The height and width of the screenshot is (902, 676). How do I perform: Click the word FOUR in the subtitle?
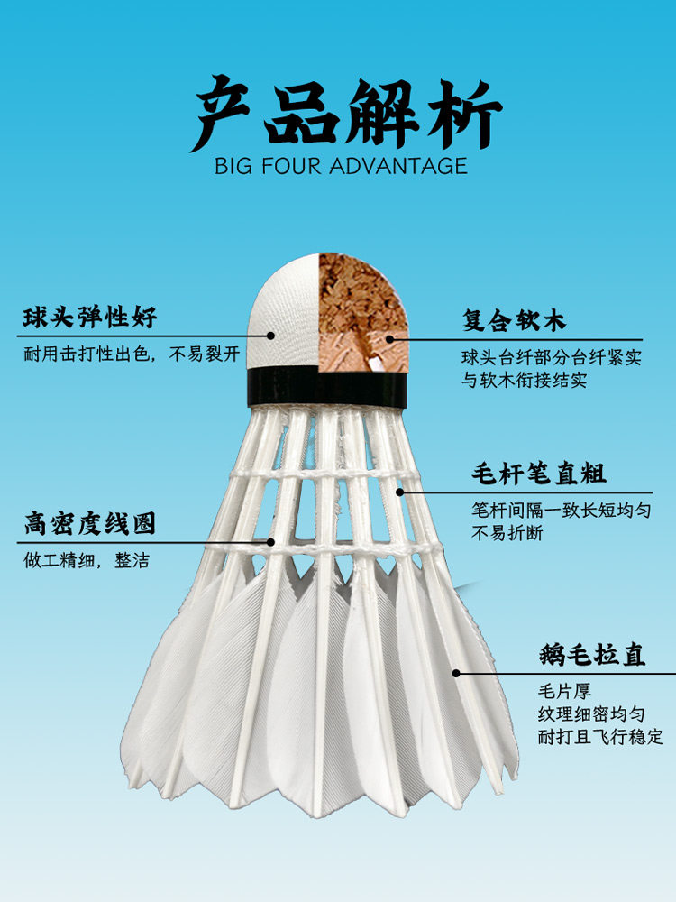tap(288, 166)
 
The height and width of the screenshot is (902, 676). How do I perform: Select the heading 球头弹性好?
tap(90, 318)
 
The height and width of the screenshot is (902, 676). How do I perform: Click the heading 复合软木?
tap(515, 321)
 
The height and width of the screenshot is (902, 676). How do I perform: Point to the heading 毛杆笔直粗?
tap(539, 473)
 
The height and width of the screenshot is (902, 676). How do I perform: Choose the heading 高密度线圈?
tap(89, 523)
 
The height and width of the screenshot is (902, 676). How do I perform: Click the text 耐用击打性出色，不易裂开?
tap(132, 354)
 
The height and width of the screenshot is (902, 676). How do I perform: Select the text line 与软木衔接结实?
tap(525, 381)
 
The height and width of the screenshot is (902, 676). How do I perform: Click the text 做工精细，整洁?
tap(87, 560)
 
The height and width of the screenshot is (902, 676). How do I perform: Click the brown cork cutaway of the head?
tap(361, 311)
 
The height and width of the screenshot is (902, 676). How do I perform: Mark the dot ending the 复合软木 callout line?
tap(390, 340)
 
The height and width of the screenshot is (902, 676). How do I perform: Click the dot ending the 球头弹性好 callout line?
tap(269, 335)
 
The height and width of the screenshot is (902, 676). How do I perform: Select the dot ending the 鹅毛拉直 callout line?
tap(456, 673)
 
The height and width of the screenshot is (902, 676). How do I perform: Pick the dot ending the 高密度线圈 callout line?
tap(270, 542)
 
